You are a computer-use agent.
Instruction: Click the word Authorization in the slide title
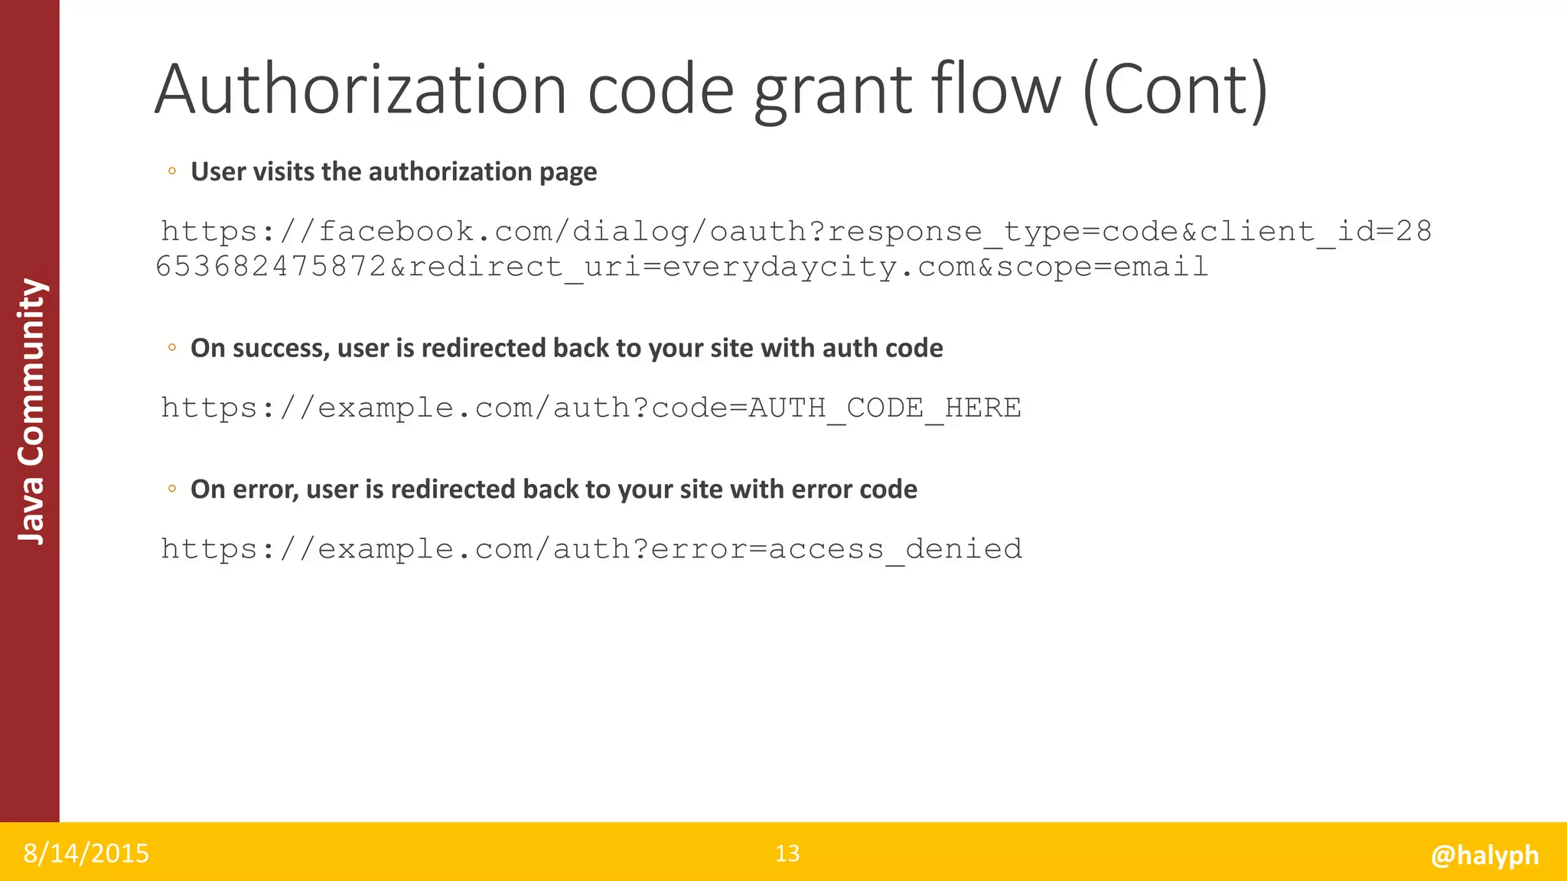pos(360,89)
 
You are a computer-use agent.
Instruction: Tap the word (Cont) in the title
pos(1175,91)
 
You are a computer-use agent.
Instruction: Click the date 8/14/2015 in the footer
pos(86,853)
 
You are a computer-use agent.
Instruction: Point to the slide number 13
pos(787,853)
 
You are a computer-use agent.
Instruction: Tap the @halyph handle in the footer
pos(1484,855)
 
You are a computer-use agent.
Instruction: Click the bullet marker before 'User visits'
pos(172,171)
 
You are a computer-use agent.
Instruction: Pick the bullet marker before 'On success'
pos(172,348)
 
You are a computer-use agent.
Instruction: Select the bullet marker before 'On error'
pos(172,489)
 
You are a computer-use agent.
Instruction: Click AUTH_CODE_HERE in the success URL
pos(884,408)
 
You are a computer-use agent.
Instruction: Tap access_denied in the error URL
pos(895,548)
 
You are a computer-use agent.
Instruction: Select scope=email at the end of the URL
pos(1102,267)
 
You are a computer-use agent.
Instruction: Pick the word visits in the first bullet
pos(283,171)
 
